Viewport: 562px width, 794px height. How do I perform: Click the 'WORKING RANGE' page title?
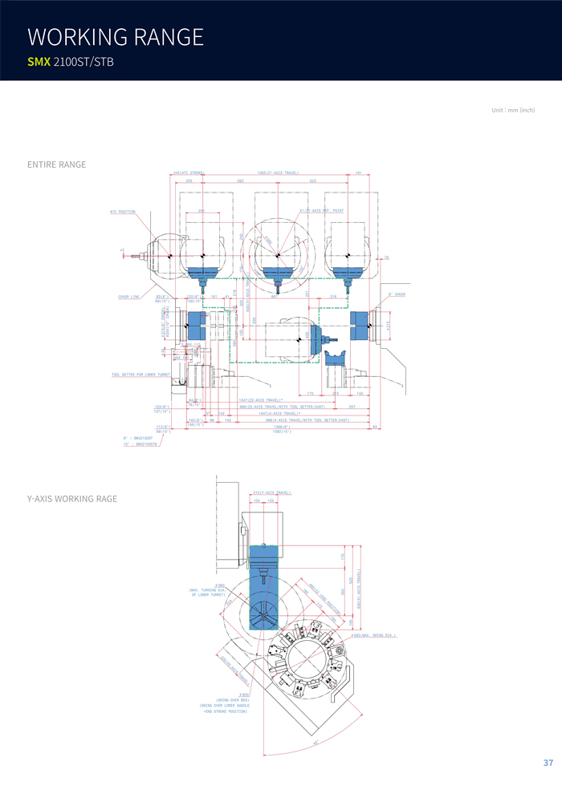coord(115,37)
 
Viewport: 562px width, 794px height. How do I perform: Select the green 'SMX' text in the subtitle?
coord(39,62)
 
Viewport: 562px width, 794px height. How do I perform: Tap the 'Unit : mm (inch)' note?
coord(513,110)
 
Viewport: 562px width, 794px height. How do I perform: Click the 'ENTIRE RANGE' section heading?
coord(56,164)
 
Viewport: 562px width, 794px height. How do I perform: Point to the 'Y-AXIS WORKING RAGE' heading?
coord(72,499)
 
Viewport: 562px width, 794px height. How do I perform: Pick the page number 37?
coord(548,762)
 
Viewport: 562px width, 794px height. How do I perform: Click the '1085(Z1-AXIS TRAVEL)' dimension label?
coord(278,172)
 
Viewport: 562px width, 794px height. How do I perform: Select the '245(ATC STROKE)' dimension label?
coord(188,172)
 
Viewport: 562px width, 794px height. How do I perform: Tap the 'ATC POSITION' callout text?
coord(123,211)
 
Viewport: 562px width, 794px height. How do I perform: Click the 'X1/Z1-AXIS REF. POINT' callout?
coord(321,211)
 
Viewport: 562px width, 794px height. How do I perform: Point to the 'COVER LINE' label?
coord(129,297)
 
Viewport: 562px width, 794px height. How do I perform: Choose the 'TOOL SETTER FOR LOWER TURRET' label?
coord(140,375)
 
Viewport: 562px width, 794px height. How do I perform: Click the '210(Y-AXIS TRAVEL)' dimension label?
coord(271,492)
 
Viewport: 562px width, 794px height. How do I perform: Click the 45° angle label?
coord(316,743)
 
